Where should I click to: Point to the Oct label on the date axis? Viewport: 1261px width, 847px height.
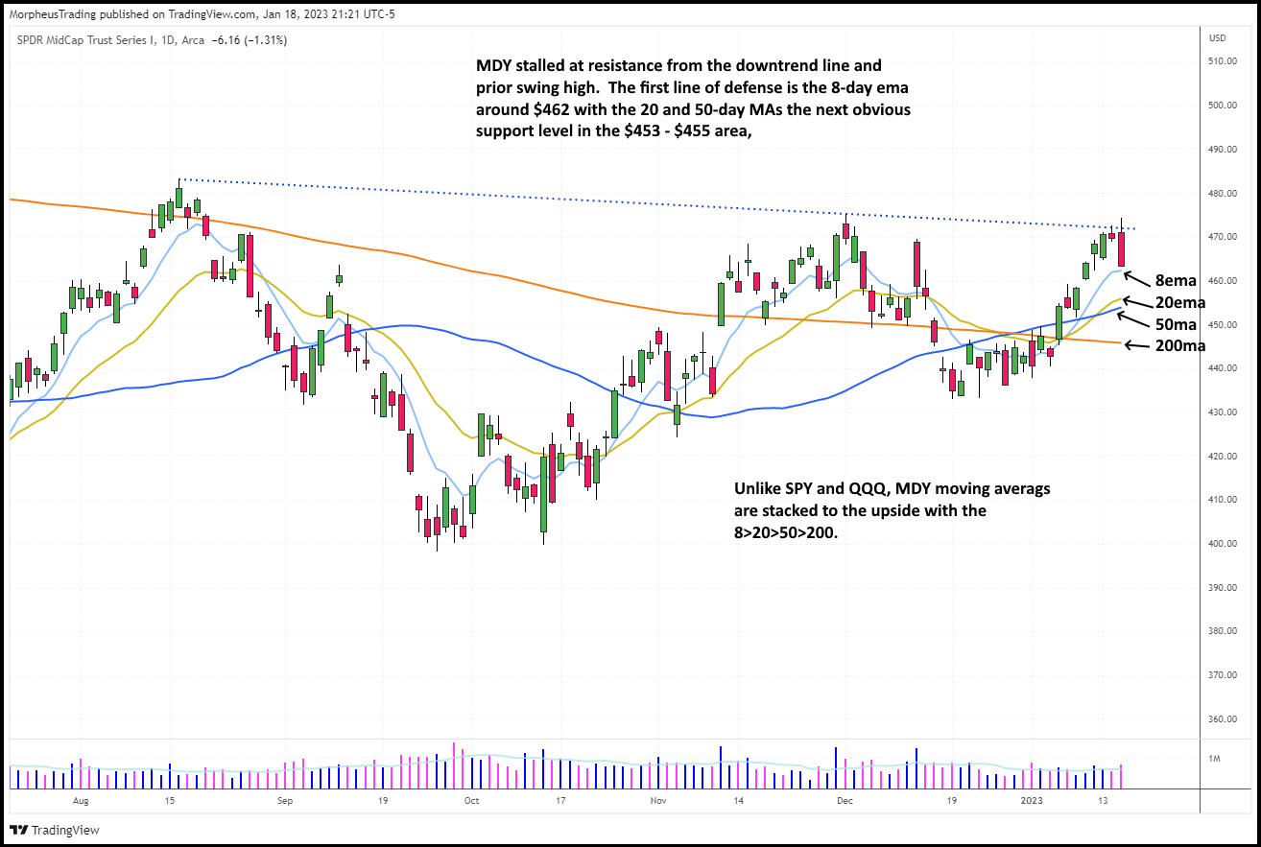471,799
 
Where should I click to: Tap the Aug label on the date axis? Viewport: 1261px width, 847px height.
81,799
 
